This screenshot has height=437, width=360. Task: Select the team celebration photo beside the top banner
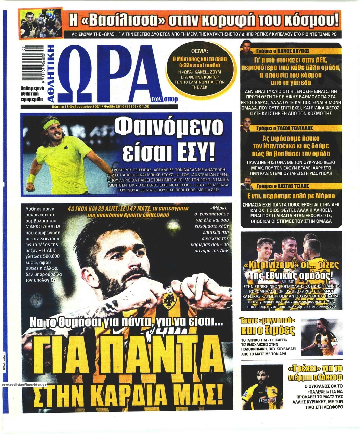[41, 23]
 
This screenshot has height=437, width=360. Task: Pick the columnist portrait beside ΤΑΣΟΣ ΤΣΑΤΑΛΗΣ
[246, 125]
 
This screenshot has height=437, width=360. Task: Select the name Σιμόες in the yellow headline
[281, 330]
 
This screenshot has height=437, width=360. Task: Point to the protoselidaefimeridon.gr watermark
[24, 384]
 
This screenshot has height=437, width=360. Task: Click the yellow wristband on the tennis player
[31, 178]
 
